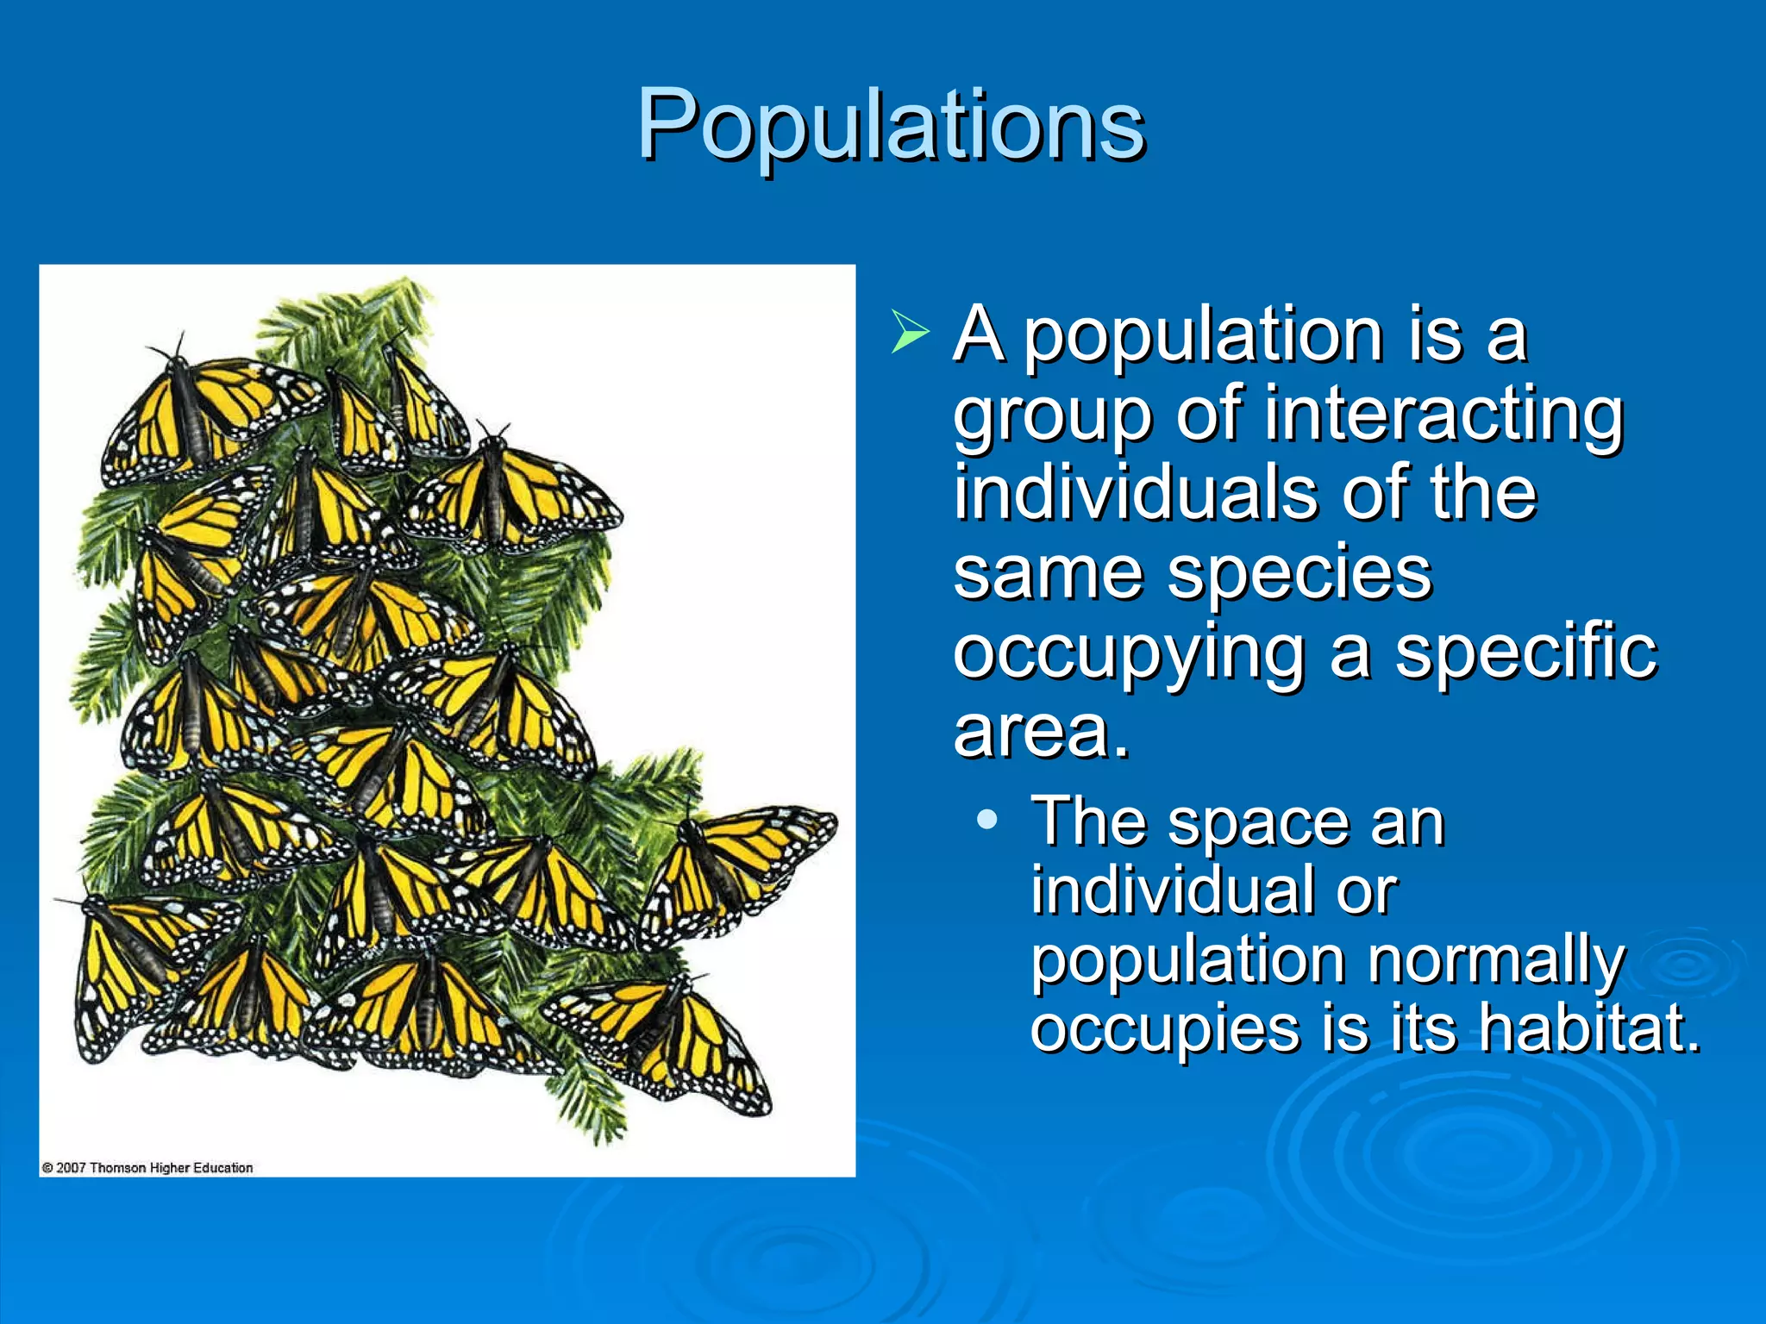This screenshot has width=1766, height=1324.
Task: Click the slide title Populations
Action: pos(891,125)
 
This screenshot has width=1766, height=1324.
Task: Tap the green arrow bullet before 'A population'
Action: pos(910,333)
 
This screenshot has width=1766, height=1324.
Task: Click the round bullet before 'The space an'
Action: pos(988,820)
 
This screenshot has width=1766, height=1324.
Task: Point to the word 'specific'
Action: pos(1525,653)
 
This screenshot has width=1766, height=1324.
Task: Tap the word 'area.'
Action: pos(1041,732)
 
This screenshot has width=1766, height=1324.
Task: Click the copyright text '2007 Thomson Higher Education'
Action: pos(147,1168)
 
